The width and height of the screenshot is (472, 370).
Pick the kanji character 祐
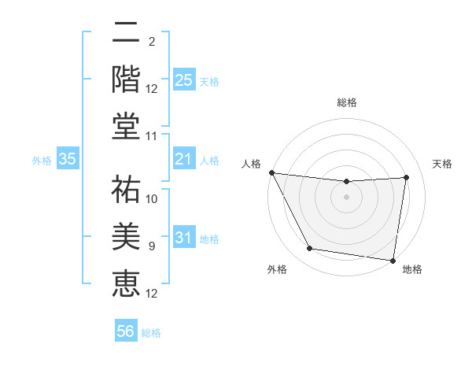pos(126,189)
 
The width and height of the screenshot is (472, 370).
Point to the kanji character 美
pos(126,234)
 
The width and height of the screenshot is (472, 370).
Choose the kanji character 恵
pos(126,281)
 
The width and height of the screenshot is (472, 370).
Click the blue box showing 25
pos(183,80)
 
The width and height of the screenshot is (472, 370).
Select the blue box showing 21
pos(183,160)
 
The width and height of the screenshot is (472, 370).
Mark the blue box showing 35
pos(68,160)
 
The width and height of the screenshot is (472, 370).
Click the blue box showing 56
pos(126,332)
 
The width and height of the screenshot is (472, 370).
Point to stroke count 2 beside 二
pos(152,41)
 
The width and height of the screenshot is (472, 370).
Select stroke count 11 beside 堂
pos(153,136)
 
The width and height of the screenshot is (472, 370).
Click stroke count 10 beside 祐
pos(153,199)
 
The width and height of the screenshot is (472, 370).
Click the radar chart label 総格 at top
pos(347,102)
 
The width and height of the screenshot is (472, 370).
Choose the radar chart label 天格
pos(443,164)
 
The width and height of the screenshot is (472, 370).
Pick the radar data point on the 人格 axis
pos(271,172)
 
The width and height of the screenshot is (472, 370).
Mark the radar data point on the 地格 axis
pos(393,260)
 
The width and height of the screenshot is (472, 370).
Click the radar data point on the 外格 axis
pos(310,249)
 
